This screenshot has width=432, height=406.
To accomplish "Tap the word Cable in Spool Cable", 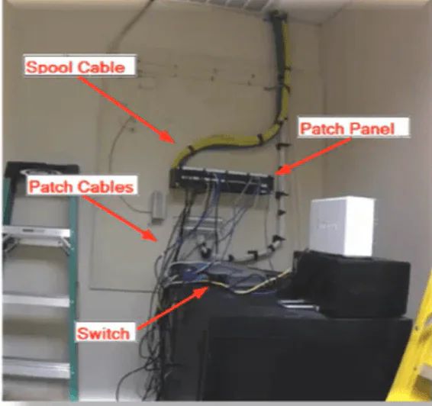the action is [102, 67].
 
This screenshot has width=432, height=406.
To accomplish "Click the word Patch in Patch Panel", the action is [322, 129].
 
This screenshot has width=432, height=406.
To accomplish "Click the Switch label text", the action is [103, 333].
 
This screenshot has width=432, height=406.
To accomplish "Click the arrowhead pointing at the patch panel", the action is [283, 169].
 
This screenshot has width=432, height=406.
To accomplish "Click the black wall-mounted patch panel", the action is [222, 179].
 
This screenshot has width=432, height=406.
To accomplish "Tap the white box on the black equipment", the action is [342, 226].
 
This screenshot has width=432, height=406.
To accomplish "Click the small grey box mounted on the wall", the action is [158, 205].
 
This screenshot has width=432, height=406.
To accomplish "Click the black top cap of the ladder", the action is [41, 168].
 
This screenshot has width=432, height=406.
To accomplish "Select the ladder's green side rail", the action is [73, 298].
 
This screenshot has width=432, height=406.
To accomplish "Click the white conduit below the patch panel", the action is [279, 221].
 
